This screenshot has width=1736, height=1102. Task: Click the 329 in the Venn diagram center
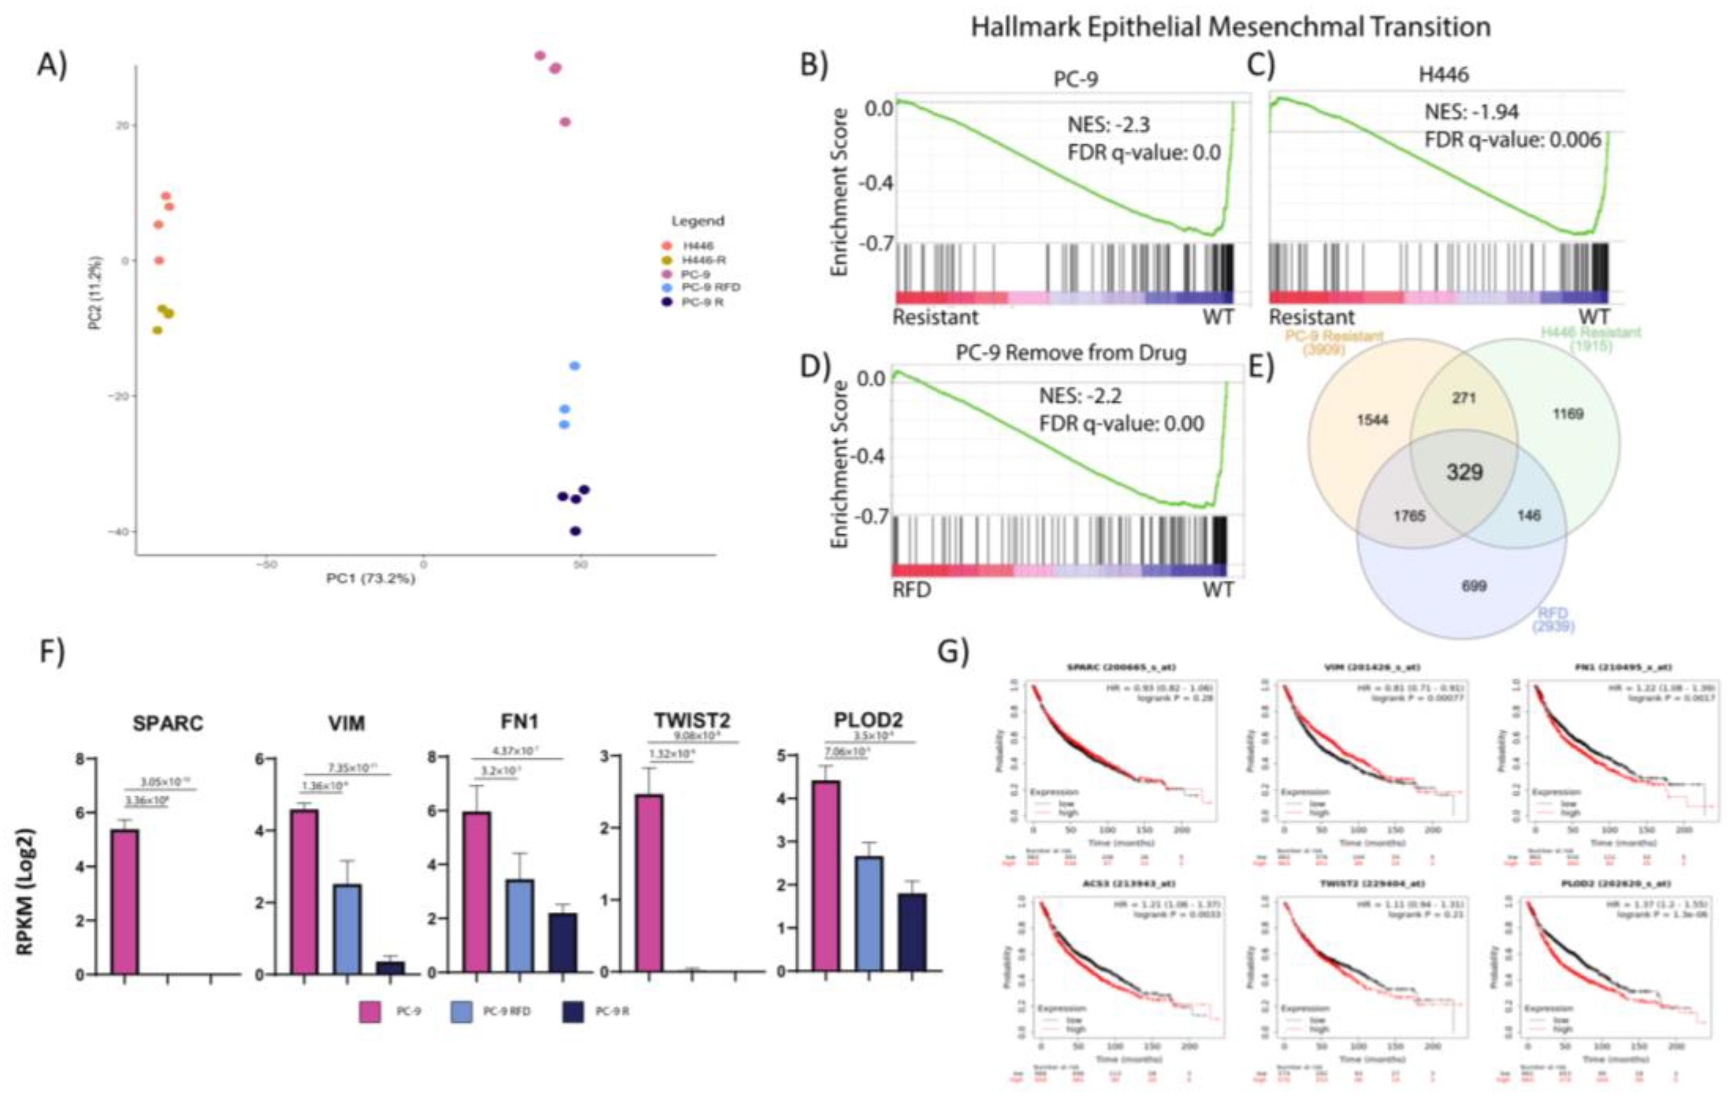click(1464, 473)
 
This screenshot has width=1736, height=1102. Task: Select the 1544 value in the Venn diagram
click(1372, 420)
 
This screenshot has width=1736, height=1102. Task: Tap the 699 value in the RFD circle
click(1473, 586)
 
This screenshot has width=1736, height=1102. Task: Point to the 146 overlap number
click(1529, 515)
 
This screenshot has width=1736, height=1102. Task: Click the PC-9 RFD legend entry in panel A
click(710, 287)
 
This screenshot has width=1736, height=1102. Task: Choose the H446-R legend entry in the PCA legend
click(703, 259)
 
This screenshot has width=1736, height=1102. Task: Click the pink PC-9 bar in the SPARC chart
click(124, 902)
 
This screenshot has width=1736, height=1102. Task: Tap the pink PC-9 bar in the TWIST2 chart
click(649, 883)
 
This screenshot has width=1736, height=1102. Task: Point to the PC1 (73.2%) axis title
click(370, 578)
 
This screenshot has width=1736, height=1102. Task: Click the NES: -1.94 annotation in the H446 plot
click(1471, 112)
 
